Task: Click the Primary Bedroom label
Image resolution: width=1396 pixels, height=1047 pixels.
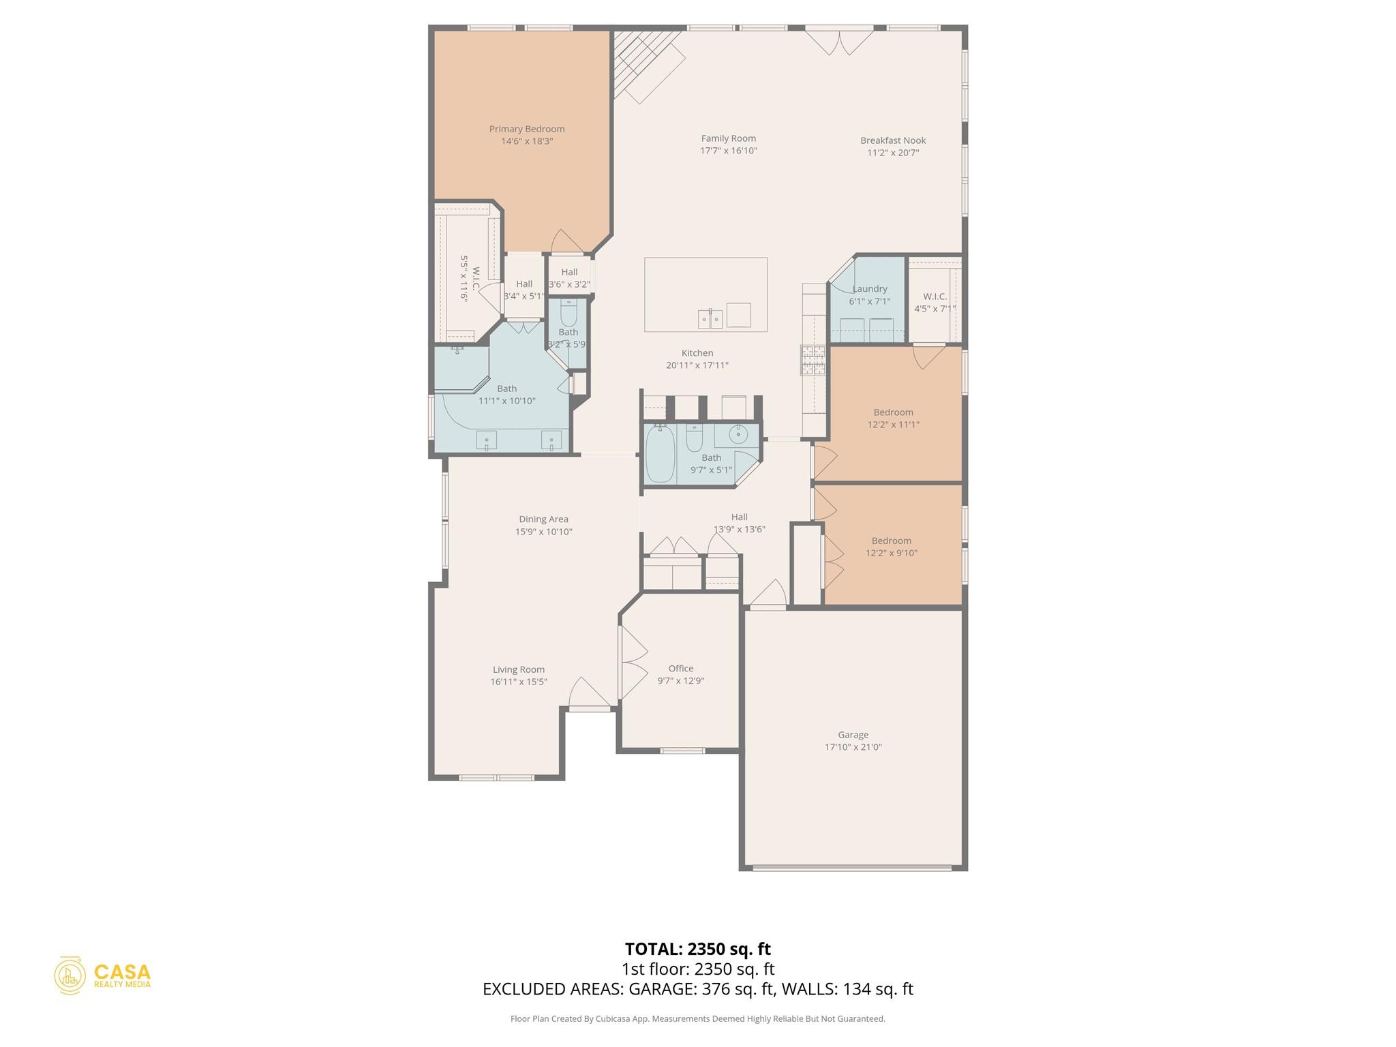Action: tap(526, 129)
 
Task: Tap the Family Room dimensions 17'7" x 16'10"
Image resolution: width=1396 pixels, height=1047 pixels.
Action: tap(728, 151)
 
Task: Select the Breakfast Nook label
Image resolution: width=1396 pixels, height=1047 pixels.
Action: tap(892, 140)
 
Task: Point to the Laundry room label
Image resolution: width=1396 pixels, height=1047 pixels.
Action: tap(869, 289)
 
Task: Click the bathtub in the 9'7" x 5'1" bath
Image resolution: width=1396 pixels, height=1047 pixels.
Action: tap(659, 454)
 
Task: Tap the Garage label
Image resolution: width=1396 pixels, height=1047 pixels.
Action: tap(853, 735)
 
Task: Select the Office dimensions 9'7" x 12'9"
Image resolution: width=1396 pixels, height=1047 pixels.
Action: tap(680, 681)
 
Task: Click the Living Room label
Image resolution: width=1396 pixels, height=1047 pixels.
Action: tap(519, 669)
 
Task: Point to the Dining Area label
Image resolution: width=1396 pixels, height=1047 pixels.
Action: tap(543, 519)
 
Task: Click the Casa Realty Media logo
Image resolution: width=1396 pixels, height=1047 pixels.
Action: tap(103, 975)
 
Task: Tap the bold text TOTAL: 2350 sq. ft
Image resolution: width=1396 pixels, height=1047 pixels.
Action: tap(697, 949)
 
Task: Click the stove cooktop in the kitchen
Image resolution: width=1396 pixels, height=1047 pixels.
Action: tap(813, 361)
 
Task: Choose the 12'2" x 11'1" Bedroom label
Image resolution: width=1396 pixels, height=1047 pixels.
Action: tap(893, 412)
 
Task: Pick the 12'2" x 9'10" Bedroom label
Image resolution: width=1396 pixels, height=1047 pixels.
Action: tap(891, 541)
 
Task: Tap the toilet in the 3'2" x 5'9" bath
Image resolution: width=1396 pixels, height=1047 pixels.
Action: tap(568, 314)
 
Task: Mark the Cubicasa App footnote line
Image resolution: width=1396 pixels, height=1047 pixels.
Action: tap(697, 1019)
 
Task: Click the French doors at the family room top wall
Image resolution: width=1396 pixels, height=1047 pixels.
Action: tap(839, 40)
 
